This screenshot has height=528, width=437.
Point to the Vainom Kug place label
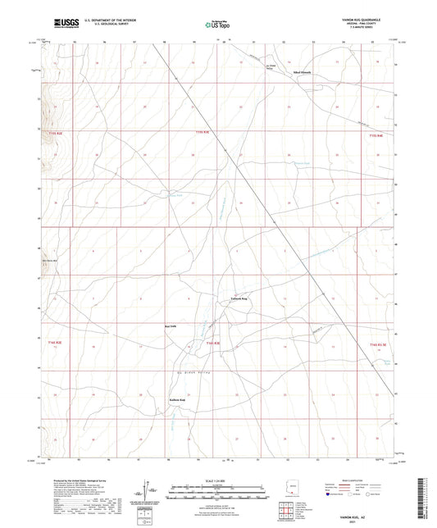point(237,299)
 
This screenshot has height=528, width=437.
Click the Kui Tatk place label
point(171,326)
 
